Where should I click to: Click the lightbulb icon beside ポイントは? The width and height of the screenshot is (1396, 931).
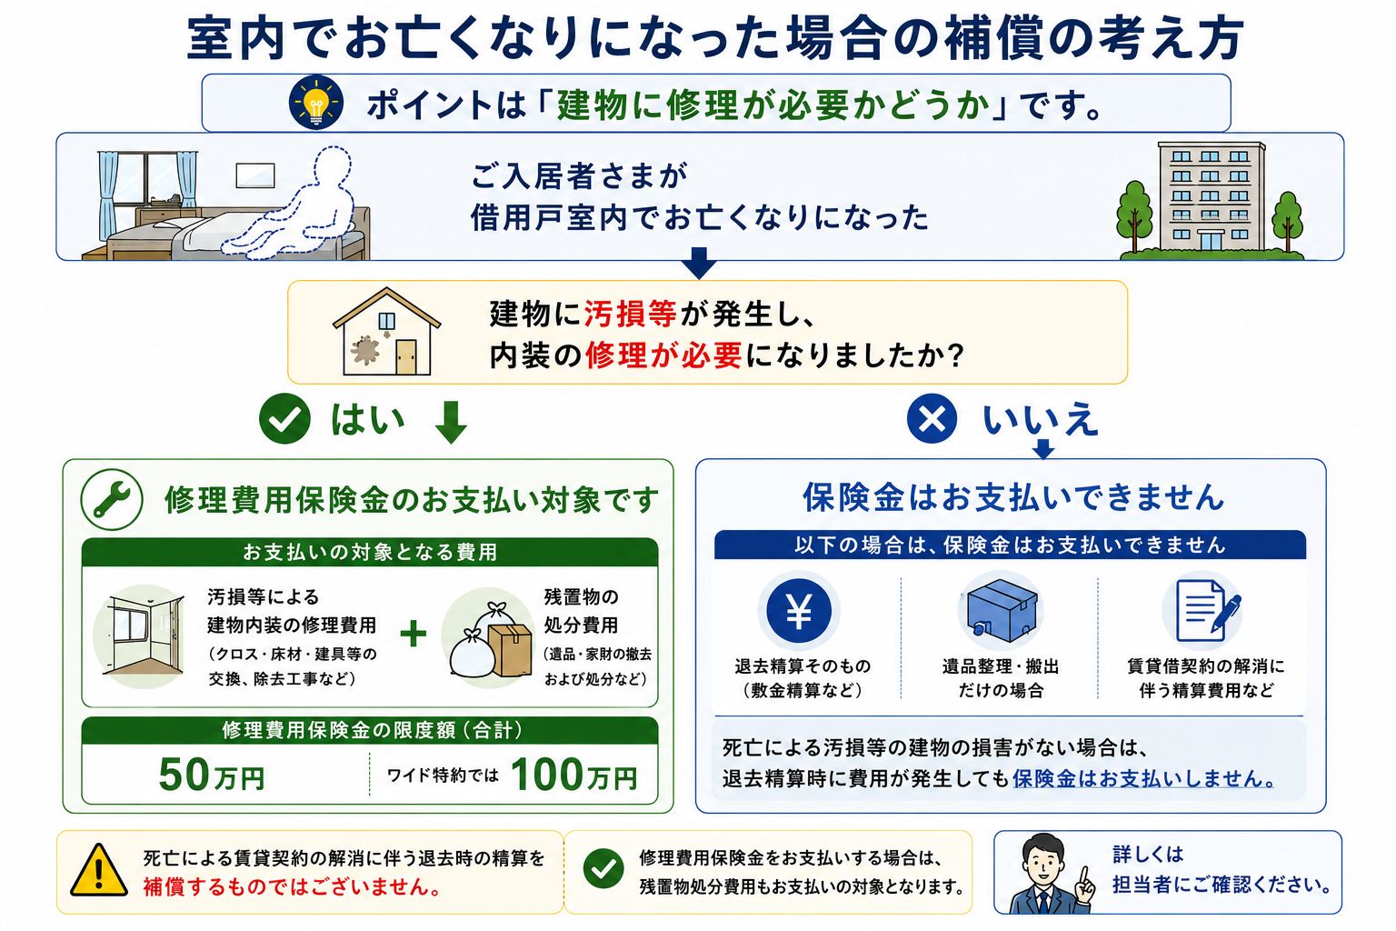tap(316, 103)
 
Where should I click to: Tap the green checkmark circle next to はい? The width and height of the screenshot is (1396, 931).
tap(284, 418)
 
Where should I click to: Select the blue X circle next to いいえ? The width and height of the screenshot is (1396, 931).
tap(932, 418)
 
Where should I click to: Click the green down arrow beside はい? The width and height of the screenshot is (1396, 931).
tap(451, 422)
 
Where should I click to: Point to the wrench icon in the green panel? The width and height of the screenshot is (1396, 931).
tap(112, 500)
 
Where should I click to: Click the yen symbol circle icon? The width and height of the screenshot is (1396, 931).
tap(798, 610)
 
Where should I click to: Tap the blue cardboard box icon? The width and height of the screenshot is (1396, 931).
tap(1001, 611)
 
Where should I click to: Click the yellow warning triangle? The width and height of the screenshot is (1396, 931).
tap(98, 872)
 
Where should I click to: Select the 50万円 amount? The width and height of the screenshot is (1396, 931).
tap(212, 776)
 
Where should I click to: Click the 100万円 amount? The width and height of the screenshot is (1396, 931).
tap(574, 776)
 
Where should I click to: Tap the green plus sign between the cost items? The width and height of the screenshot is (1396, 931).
tap(414, 635)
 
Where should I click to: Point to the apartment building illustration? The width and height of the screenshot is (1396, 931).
tap(1211, 198)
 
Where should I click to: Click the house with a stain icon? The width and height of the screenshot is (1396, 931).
tap(386, 332)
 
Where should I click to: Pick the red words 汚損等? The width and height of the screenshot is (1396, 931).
tap(630, 314)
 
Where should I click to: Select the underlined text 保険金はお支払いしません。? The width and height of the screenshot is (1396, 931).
tap(1143, 779)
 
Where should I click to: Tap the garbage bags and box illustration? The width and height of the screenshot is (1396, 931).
tap(491, 640)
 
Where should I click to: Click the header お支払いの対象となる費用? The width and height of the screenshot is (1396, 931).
tap(370, 553)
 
